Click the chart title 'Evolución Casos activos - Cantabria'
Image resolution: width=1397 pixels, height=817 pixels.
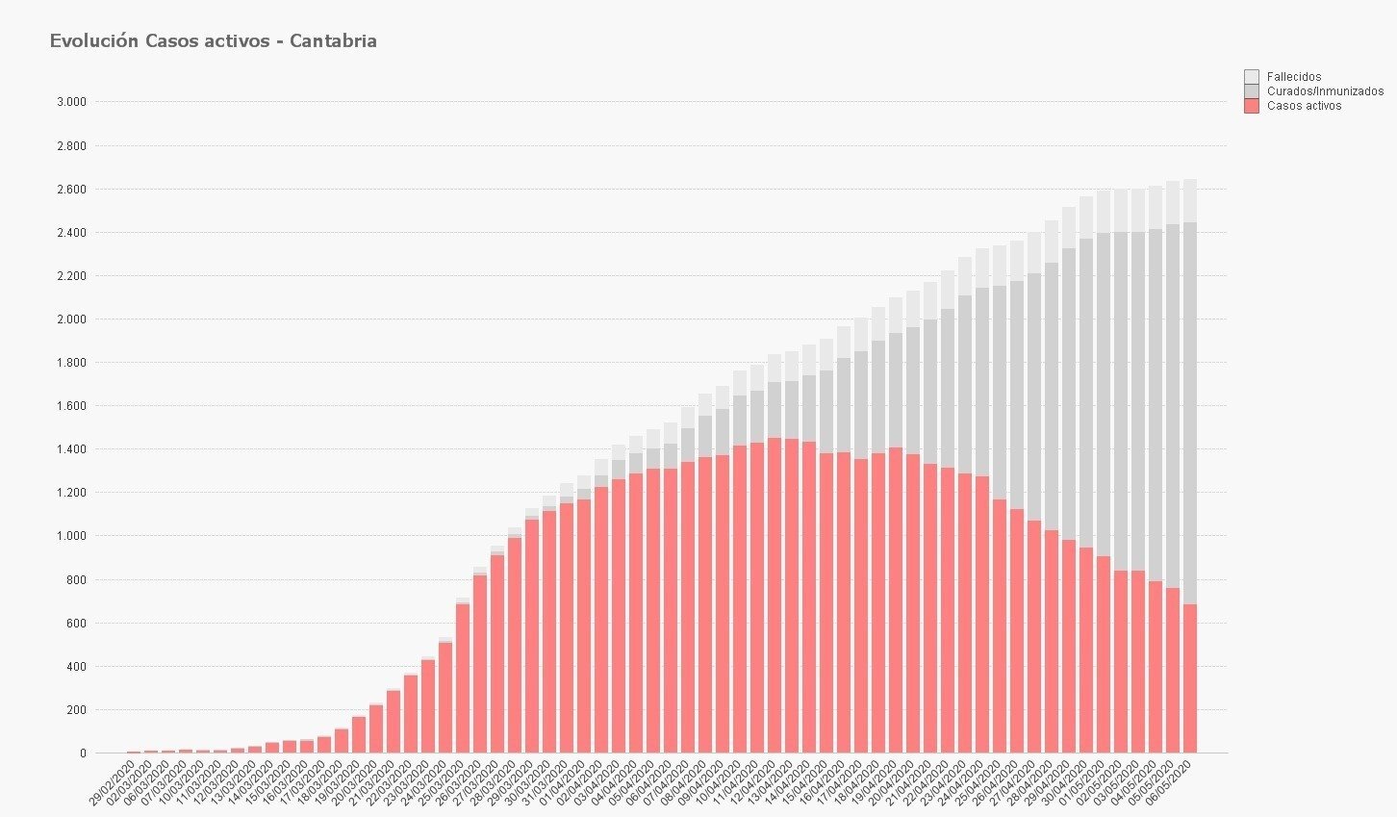pyautogui.click(x=213, y=41)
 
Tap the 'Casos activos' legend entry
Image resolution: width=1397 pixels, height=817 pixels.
pyautogui.click(x=1303, y=106)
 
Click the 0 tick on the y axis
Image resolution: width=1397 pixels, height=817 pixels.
pyautogui.click(x=83, y=753)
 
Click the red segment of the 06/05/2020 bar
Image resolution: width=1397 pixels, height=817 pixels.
pyautogui.click(x=1189, y=678)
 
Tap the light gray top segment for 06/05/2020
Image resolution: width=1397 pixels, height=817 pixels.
pyautogui.click(x=1189, y=201)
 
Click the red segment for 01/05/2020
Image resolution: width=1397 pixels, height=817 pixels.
pyautogui.click(x=1103, y=654)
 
